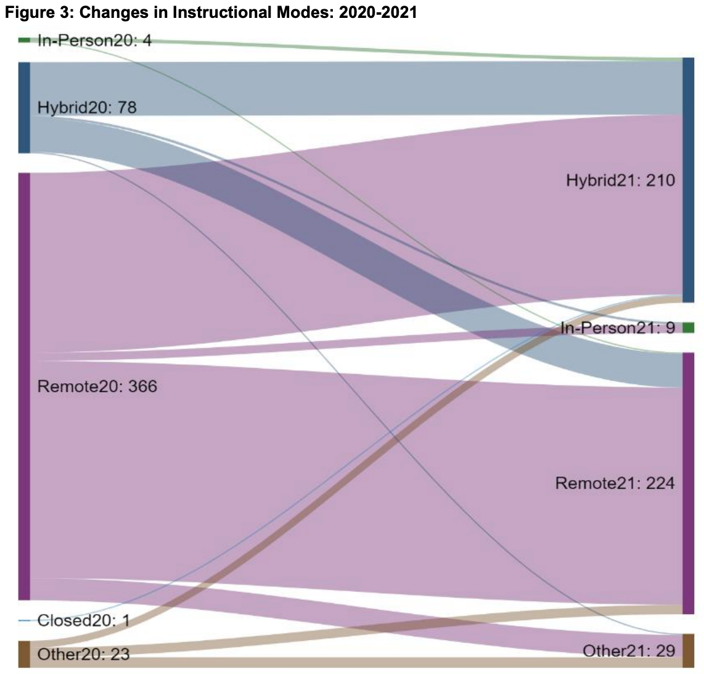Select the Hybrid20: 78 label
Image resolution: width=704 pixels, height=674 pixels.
pos(87,107)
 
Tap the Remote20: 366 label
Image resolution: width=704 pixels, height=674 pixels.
pos(97,387)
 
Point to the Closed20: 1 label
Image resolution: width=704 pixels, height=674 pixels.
pos(83,620)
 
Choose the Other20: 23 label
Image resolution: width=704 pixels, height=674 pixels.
pos(84,654)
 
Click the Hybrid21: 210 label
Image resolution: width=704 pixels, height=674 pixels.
pos(621,180)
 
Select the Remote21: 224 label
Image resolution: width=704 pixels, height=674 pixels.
pos(615,483)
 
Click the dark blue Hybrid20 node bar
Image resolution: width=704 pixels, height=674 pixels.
pos(24,107)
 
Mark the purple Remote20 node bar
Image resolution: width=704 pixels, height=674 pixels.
pos(24,386)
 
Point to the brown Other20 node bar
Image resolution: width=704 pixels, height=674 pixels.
pos(24,654)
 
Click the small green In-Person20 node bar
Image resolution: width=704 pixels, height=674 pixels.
pos(24,40)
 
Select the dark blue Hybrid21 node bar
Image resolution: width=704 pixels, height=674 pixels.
pos(688,180)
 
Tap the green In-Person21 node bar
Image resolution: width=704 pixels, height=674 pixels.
pos(689,328)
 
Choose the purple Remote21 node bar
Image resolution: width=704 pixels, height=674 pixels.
pos(688,483)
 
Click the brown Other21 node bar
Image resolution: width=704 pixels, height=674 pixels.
pos(688,651)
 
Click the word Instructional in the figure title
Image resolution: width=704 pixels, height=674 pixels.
pos(208,13)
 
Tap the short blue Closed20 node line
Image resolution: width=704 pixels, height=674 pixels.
pos(24,620)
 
